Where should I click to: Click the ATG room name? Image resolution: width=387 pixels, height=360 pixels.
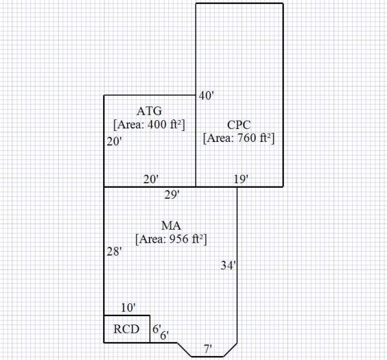coord(150,110)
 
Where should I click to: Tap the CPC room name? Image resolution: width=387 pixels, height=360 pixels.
coord(239,125)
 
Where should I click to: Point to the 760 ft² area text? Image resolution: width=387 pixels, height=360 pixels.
coord(239,137)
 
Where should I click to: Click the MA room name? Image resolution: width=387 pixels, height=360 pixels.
coord(170,225)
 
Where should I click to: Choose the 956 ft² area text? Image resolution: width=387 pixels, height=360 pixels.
coord(170,238)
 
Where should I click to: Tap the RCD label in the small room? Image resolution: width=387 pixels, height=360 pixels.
coord(126,329)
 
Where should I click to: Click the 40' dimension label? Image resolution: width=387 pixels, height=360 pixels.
coord(206,95)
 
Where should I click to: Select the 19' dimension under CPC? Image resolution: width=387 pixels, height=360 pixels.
coord(241,179)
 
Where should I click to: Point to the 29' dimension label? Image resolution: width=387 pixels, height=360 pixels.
coord(171,194)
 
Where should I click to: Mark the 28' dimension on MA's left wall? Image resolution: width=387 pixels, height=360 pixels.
coord(114,252)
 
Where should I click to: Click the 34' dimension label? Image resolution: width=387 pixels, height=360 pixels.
coord(228,265)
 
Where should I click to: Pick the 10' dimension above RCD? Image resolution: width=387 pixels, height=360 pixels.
coord(128,308)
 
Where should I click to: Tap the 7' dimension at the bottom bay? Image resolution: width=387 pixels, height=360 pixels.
coord(208,349)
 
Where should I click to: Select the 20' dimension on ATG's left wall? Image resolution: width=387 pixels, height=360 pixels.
coord(114,141)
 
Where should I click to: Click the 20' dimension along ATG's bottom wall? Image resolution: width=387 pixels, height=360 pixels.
coord(150,179)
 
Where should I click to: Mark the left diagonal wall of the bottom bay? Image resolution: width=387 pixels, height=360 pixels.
coord(184,349)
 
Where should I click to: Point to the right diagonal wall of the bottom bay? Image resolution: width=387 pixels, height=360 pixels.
coord(230,349)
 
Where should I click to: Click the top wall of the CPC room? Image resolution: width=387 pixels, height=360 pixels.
coord(239,4)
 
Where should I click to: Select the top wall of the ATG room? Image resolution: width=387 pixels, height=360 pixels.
coord(150,95)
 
